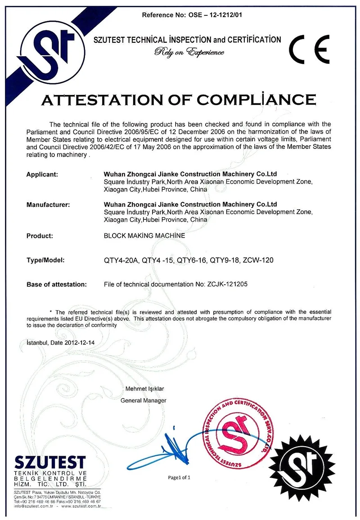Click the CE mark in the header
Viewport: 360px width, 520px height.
(x=310, y=48)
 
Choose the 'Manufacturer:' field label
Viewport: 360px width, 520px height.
(x=48, y=205)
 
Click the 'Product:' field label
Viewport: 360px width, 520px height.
(x=40, y=235)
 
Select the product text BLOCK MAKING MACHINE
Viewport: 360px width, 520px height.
(x=144, y=235)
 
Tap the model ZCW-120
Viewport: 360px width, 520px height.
(x=258, y=260)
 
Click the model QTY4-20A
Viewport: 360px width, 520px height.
(x=121, y=260)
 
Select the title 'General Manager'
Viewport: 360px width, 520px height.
(x=144, y=400)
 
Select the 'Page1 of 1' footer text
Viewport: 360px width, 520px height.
(x=180, y=477)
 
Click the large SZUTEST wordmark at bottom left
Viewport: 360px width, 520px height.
(x=50, y=462)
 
